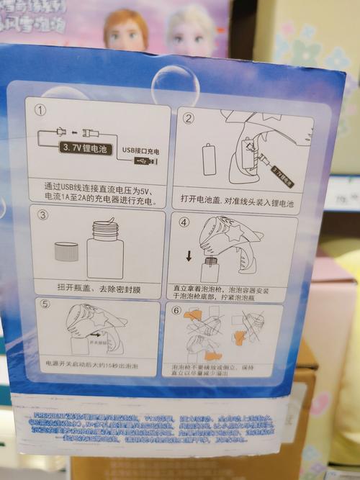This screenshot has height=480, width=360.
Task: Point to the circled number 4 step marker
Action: (184, 222)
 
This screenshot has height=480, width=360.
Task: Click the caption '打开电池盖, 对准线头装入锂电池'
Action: (238, 204)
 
